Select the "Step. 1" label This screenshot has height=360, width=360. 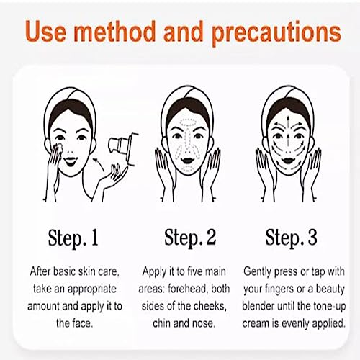(x=73, y=238)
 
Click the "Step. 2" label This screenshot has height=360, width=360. (x=190, y=238)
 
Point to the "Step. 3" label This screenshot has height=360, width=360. (x=292, y=238)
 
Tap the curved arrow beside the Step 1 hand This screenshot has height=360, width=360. (x=99, y=164)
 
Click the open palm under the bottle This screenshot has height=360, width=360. (x=113, y=178)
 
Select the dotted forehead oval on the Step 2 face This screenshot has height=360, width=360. (x=189, y=122)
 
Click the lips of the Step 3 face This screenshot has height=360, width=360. (x=287, y=160)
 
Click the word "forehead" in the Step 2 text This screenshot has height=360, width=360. (x=187, y=289)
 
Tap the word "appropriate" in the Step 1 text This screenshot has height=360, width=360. (x=91, y=289)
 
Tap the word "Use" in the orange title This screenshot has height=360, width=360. (x=45, y=31)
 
